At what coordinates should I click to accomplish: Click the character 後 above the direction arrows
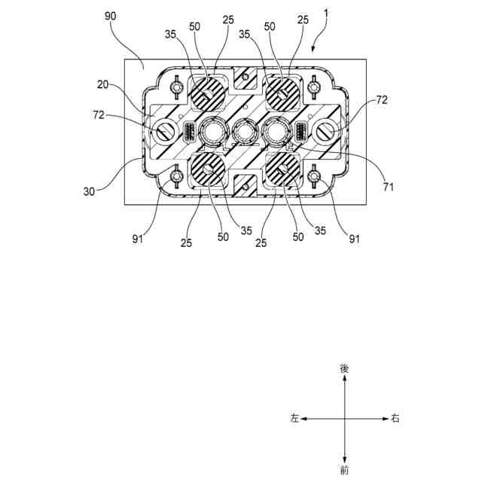tap(344, 369)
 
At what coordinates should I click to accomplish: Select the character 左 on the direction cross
tap(294, 418)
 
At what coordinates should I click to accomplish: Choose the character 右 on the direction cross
tap(395, 418)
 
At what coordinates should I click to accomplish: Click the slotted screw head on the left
tap(164, 134)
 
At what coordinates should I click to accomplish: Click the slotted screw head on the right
tap(327, 134)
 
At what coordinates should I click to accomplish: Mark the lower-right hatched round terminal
tap(284, 172)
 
